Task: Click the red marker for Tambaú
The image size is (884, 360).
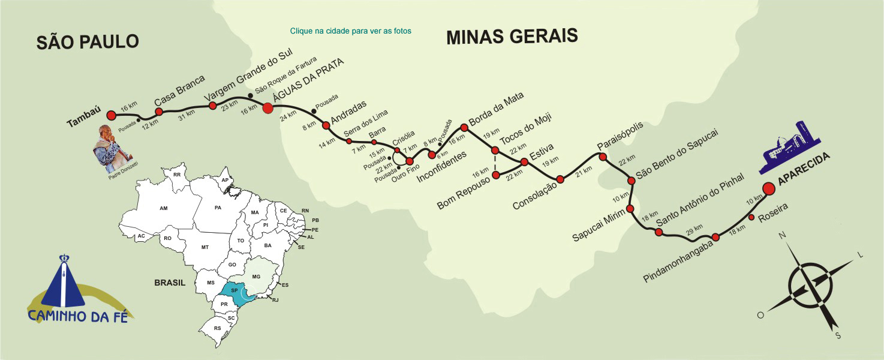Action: (111, 115)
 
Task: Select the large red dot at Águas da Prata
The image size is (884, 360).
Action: (268, 108)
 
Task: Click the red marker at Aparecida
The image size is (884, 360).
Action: (769, 188)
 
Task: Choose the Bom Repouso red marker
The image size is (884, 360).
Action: (496, 175)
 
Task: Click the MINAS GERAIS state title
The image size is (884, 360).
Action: (512, 37)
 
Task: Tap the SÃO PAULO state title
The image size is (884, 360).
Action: (88, 41)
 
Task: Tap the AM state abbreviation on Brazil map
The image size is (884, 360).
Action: (163, 208)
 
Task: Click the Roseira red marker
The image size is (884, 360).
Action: (752, 217)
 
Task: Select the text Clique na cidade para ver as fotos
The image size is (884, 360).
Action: (350, 31)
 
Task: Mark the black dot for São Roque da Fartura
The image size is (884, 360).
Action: (251, 95)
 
